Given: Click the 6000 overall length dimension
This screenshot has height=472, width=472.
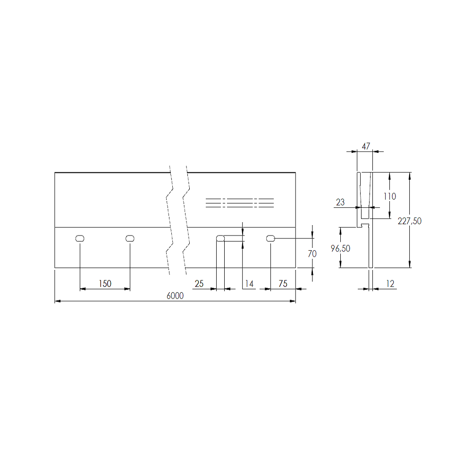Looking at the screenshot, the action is [175, 295].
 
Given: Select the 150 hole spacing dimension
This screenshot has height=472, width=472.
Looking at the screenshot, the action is [105, 284].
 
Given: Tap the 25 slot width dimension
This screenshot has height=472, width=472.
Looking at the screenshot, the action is [199, 284].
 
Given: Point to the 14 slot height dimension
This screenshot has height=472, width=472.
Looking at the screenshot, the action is [249, 284].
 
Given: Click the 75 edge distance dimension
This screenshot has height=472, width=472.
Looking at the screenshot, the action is [283, 284].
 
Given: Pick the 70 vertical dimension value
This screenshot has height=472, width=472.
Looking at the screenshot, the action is [312, 254].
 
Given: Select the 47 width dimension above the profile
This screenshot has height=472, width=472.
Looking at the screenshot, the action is [366, 146].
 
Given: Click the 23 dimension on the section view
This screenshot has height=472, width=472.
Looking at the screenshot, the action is [340, 202].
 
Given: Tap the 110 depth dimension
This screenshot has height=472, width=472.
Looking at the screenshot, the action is [390, 196].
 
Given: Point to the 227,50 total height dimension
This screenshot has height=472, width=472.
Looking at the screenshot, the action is [410, 221].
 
